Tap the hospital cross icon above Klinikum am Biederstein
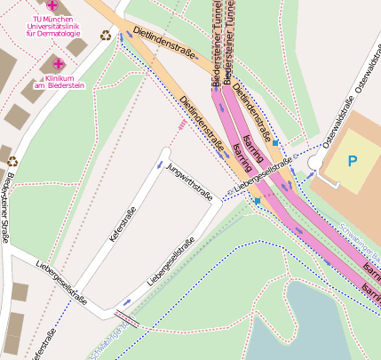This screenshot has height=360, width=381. pos(59,64)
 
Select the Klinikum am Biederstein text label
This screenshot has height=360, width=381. pos(58,82)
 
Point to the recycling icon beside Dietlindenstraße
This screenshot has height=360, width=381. pos(107,36)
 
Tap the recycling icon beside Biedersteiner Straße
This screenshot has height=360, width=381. pos(12,162)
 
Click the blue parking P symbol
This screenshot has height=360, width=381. pos(353,162)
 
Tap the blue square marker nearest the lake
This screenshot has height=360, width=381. pos(258,203)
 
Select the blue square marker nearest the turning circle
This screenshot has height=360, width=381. pos(276,142)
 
